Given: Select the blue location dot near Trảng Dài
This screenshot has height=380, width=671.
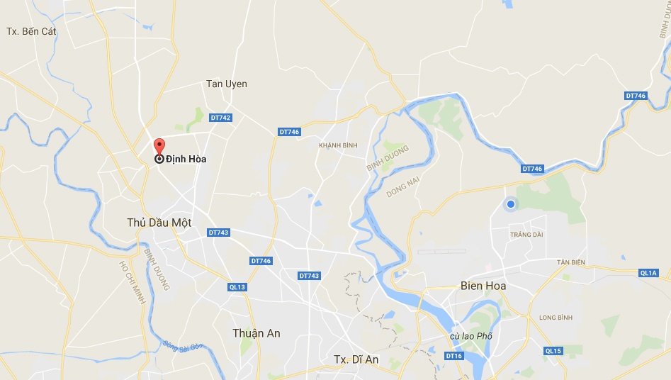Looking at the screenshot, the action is (510, 204).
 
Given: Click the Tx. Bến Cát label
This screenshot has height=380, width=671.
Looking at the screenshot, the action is (30, 31).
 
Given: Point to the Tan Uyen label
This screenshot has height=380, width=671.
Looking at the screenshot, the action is (227, 84).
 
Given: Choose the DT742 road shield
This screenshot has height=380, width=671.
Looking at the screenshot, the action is (220, 118).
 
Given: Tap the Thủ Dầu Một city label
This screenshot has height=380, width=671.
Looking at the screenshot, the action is (159, 223).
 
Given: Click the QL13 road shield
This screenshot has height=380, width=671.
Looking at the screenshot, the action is (237, 286).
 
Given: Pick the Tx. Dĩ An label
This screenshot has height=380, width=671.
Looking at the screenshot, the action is (356, 359).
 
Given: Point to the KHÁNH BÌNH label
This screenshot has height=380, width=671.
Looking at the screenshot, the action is (339, 145).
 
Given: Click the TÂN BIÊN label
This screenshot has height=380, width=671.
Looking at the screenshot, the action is (571, 262).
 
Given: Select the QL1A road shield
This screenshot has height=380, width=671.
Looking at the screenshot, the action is (648, 272).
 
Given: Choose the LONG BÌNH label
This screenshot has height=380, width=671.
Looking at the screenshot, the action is (556, 317).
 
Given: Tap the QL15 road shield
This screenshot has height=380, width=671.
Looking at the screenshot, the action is (553, 351).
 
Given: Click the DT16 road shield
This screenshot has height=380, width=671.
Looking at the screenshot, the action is (454, 355).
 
